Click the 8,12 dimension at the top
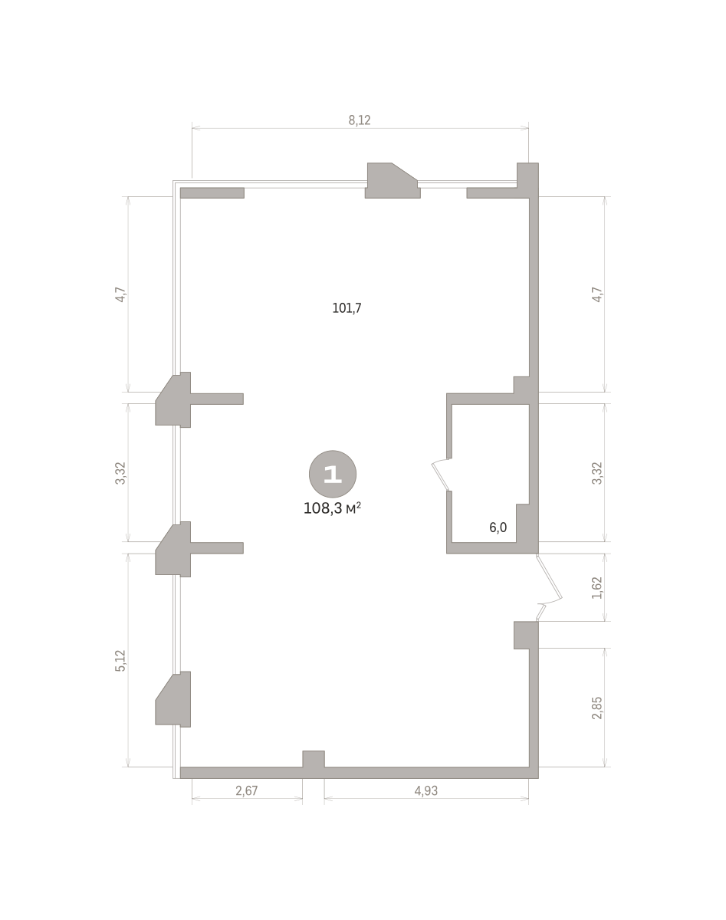click(x=359, y=120)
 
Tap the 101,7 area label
click(x=347, y=307)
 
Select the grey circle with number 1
click(x=333, y=474)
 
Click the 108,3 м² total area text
click(x=332, y=508)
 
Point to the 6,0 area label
click(x=498, y=527)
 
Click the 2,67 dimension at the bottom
click(x=247, y=791)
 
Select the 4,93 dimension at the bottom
click(x=425, y=791)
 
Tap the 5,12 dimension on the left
click(x=120, y=661)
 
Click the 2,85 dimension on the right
click(x=597, y=708)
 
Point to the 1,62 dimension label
click(x=597, y=588)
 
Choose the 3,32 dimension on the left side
click(x=120, y=473)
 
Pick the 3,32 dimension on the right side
click(x=597, y=473)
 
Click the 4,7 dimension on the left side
click(x=120, y=294)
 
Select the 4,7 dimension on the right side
click(x=597, y=294)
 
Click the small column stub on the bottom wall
click(x=314, y=759)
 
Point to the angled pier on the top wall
click(x=392, y=180)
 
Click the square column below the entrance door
click(x=525, y=636)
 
